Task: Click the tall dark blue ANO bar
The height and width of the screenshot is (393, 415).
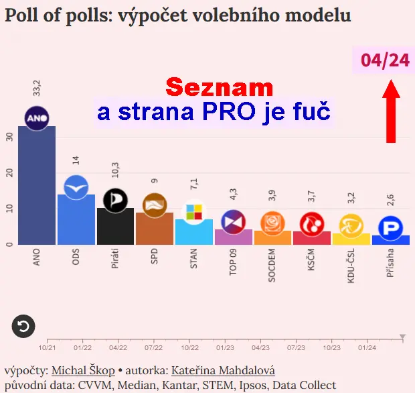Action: coord(36,188)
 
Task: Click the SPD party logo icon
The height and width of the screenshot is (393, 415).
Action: coord(155,205)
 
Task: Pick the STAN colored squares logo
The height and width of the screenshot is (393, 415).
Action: coord(193,213)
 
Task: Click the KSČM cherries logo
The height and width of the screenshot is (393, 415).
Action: coord(312,223)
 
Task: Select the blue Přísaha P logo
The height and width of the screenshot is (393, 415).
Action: coord(390,227)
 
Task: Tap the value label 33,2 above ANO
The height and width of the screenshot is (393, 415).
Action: coord(37,87)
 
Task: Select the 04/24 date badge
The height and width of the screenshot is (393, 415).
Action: coord(384,60)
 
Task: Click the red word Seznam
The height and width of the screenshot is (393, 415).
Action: coord(220,87)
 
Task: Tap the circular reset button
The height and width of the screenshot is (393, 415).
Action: coord(23,327)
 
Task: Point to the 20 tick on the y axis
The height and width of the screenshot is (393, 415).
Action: coord(9,172)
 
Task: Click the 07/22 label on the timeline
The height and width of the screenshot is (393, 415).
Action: coord(154,348)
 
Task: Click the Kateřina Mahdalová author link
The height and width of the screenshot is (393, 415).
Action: coord(223,370)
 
